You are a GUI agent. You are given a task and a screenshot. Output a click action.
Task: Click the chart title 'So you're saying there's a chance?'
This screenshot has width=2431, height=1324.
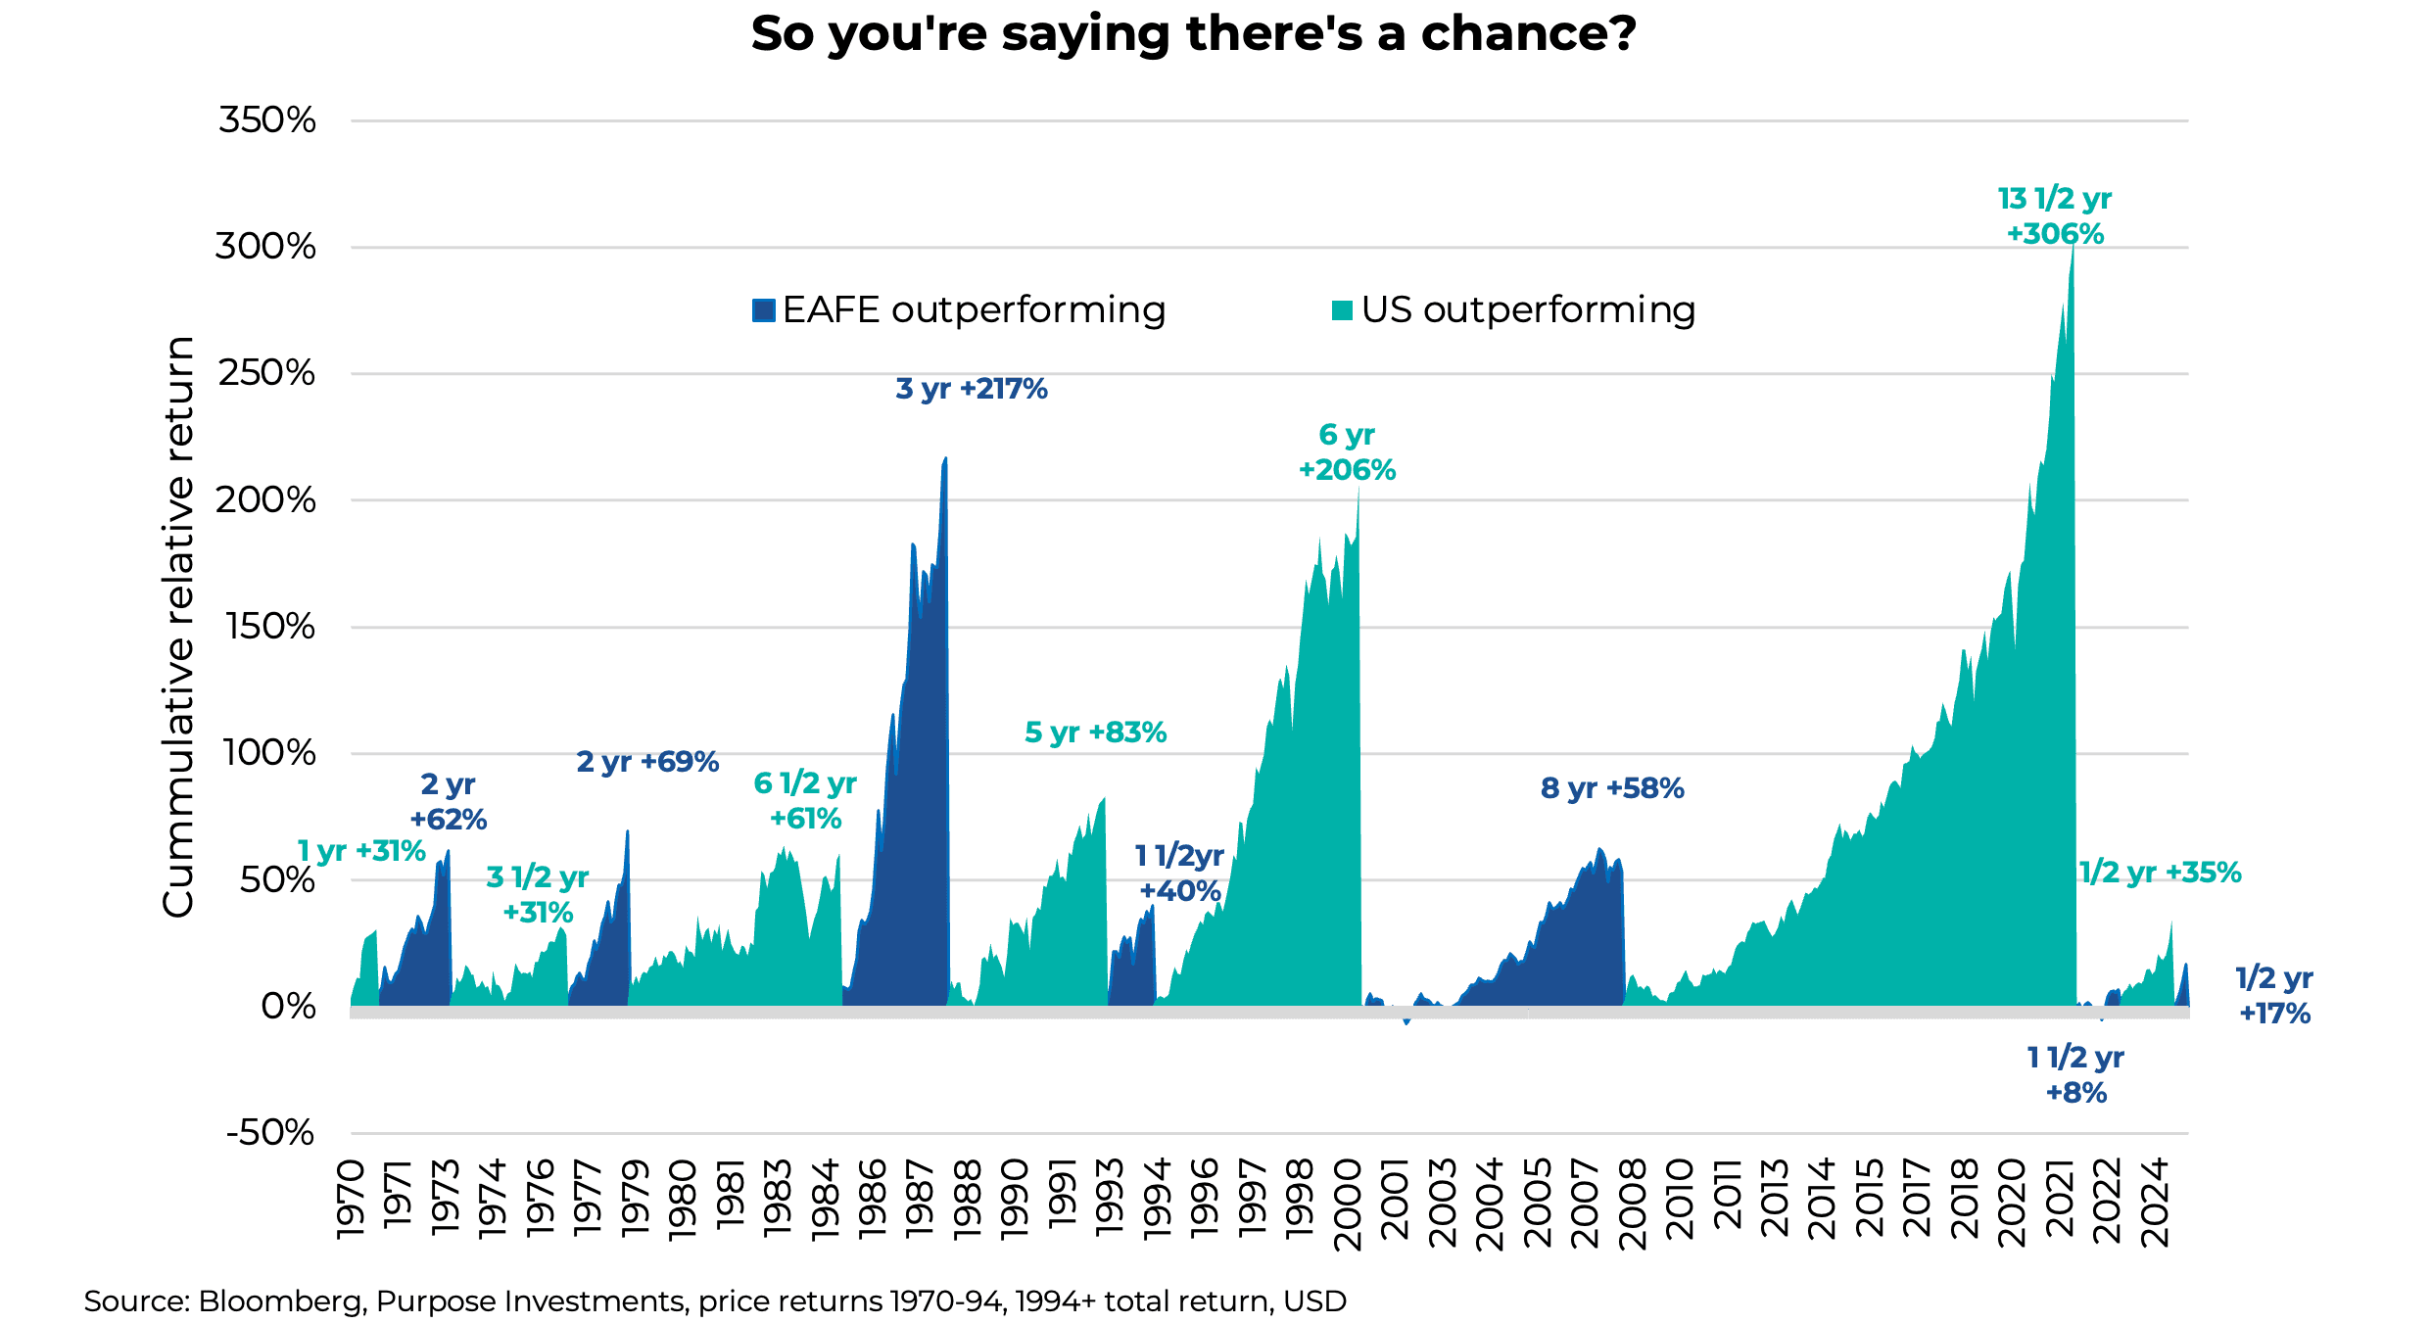(x=1193, y=34)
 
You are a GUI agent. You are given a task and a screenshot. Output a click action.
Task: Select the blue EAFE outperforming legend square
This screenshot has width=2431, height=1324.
(x=764, y=310)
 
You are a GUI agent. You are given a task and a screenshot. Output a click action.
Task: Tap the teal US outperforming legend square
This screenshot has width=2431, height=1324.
(x=1342, y=310)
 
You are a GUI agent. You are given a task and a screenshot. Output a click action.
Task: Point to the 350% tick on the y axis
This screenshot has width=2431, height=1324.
(x=267, y=120)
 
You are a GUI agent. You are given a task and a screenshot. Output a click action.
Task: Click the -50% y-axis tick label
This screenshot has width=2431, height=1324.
(x=270, y=1133)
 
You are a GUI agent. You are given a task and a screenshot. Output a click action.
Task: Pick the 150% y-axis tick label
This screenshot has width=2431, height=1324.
(x=270, y=627)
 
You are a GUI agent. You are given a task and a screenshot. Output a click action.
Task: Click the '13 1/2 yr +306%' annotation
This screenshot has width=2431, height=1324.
(x=2055, y=216)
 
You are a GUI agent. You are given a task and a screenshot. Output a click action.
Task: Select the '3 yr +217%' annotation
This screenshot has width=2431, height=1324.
(x=971, y=389)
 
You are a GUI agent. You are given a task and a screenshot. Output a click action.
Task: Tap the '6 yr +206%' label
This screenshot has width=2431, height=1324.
(x=1347, y=452)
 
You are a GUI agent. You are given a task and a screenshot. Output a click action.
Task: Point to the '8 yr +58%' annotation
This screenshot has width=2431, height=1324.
(x=1612, y=788)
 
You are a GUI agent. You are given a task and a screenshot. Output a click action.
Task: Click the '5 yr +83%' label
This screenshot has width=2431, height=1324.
(x=1095, y=733)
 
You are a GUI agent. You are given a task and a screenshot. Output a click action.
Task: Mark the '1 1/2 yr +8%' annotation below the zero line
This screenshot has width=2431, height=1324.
(x=2075, y=1075)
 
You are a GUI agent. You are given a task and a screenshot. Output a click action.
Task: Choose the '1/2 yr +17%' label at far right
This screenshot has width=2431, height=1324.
(x=2274, y=995)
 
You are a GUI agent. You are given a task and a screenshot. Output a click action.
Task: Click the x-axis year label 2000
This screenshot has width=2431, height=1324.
(x=1348, y=1205)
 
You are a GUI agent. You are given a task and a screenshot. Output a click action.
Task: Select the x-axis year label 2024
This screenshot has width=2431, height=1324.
(x=2155, y=1203)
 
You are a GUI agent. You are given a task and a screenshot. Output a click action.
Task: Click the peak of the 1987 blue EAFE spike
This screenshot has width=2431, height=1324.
(x=945, y=458)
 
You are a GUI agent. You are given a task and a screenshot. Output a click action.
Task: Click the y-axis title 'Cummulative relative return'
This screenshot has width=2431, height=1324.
(x=179, y=627)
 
